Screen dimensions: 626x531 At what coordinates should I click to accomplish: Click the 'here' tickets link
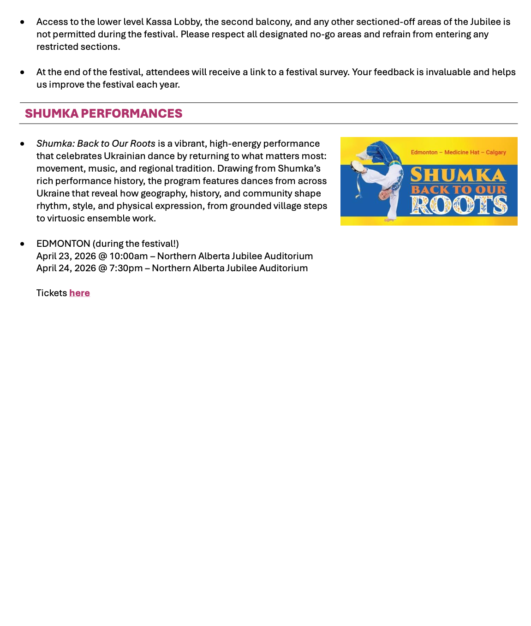tap(79, 293)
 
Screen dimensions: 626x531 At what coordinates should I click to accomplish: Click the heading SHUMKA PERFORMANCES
tap(103, 113)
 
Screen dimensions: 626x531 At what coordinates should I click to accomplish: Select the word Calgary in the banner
tap(495, 152)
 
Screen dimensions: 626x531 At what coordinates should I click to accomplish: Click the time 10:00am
tap(129, 256)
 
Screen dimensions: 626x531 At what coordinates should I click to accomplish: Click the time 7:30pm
tap(126, 268)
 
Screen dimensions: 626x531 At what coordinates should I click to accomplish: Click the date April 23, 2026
tap(66, 256)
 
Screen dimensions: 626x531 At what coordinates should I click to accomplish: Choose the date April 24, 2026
tap(66, 268)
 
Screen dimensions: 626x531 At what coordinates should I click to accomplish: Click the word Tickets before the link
tap(52, 293)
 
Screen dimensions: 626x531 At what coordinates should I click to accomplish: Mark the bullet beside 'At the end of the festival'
tap(22, 72)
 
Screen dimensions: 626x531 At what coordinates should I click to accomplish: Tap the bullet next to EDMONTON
tap(22, 244)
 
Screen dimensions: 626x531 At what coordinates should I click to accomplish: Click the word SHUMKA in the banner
tap(458, 175)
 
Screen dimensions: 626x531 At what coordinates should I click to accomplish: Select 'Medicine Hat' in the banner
tap(462, 152)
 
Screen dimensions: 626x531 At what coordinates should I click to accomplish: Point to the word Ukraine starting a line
tap(53, 194)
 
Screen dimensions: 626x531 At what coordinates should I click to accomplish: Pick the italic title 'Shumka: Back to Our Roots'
tap(96, 144)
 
